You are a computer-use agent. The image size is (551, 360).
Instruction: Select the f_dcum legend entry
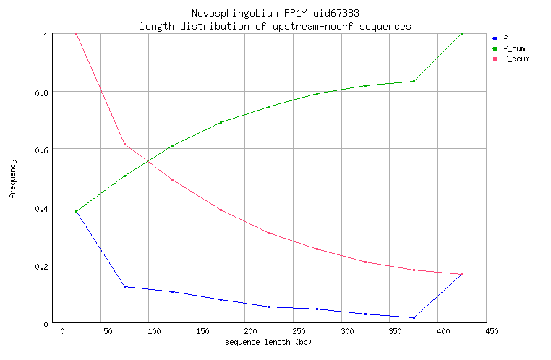click(x=516, y=59)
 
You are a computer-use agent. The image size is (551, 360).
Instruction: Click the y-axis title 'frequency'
click(x=13, y=179)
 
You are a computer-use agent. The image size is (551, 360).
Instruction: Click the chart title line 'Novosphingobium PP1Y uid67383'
click(x=274, y=14)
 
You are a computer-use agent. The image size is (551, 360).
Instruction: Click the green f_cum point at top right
click(x=461, y=34)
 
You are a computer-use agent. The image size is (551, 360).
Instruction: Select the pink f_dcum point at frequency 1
click(x=76, y=34)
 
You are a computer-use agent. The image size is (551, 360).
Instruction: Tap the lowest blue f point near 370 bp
click(x=414, y=317)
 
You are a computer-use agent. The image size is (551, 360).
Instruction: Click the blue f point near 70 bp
click(x=124, y=287)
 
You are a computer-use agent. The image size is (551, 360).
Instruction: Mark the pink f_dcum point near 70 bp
click(x=124, y=144)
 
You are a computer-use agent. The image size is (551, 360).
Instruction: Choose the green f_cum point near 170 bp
click(x=221, y=123)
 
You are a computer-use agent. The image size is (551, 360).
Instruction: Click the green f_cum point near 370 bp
click(x=414, y=81)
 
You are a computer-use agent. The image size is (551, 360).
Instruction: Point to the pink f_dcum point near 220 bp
click(x=269, y=233)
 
